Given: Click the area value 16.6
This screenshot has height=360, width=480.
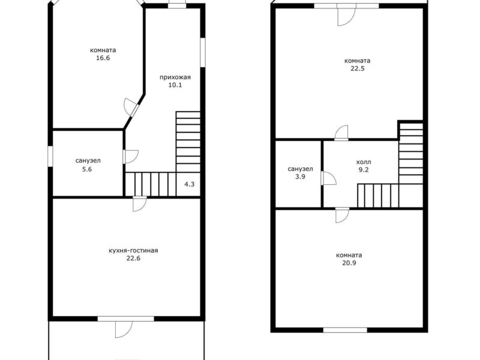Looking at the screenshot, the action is [x=103, y=58].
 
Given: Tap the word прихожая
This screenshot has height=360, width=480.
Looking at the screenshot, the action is [x=175, y=77].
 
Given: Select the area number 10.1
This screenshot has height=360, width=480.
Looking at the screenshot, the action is [x=175, y=85].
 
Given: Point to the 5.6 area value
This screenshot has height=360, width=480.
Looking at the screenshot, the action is [x=87, y=169].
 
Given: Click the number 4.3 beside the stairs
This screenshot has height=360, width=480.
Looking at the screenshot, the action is [x=189, y=184].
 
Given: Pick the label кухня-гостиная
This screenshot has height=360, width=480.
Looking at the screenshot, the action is [x=133, y=251].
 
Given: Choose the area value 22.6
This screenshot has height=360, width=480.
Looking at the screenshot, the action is [x=133, y=259].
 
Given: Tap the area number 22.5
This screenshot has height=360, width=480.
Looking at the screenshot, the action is [x=358, y=68].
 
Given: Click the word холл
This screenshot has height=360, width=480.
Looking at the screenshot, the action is [x=364, y=162].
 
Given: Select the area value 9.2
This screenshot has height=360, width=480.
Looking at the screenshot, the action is [x=364, y=170].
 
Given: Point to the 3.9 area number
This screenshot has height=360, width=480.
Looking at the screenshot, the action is [x=301, y=176].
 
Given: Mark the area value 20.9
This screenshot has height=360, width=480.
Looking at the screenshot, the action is [x=349, y=263].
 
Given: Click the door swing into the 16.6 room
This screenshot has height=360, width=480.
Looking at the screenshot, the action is [x=131, y=107].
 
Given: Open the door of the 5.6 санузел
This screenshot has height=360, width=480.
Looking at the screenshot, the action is [x=130, y=157].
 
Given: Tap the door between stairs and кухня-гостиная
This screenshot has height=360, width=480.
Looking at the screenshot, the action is [x=140, y=204].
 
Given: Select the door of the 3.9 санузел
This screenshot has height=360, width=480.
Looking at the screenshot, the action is [x=328, y=178].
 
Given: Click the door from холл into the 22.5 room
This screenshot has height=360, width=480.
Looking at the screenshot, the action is [x=341, y=133].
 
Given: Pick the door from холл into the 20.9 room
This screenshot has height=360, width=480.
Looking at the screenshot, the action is [x=342, y=215].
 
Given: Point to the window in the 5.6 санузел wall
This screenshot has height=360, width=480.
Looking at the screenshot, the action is [x=50, y=157].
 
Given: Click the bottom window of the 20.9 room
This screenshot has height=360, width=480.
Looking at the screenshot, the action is [x=346, y=330].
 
